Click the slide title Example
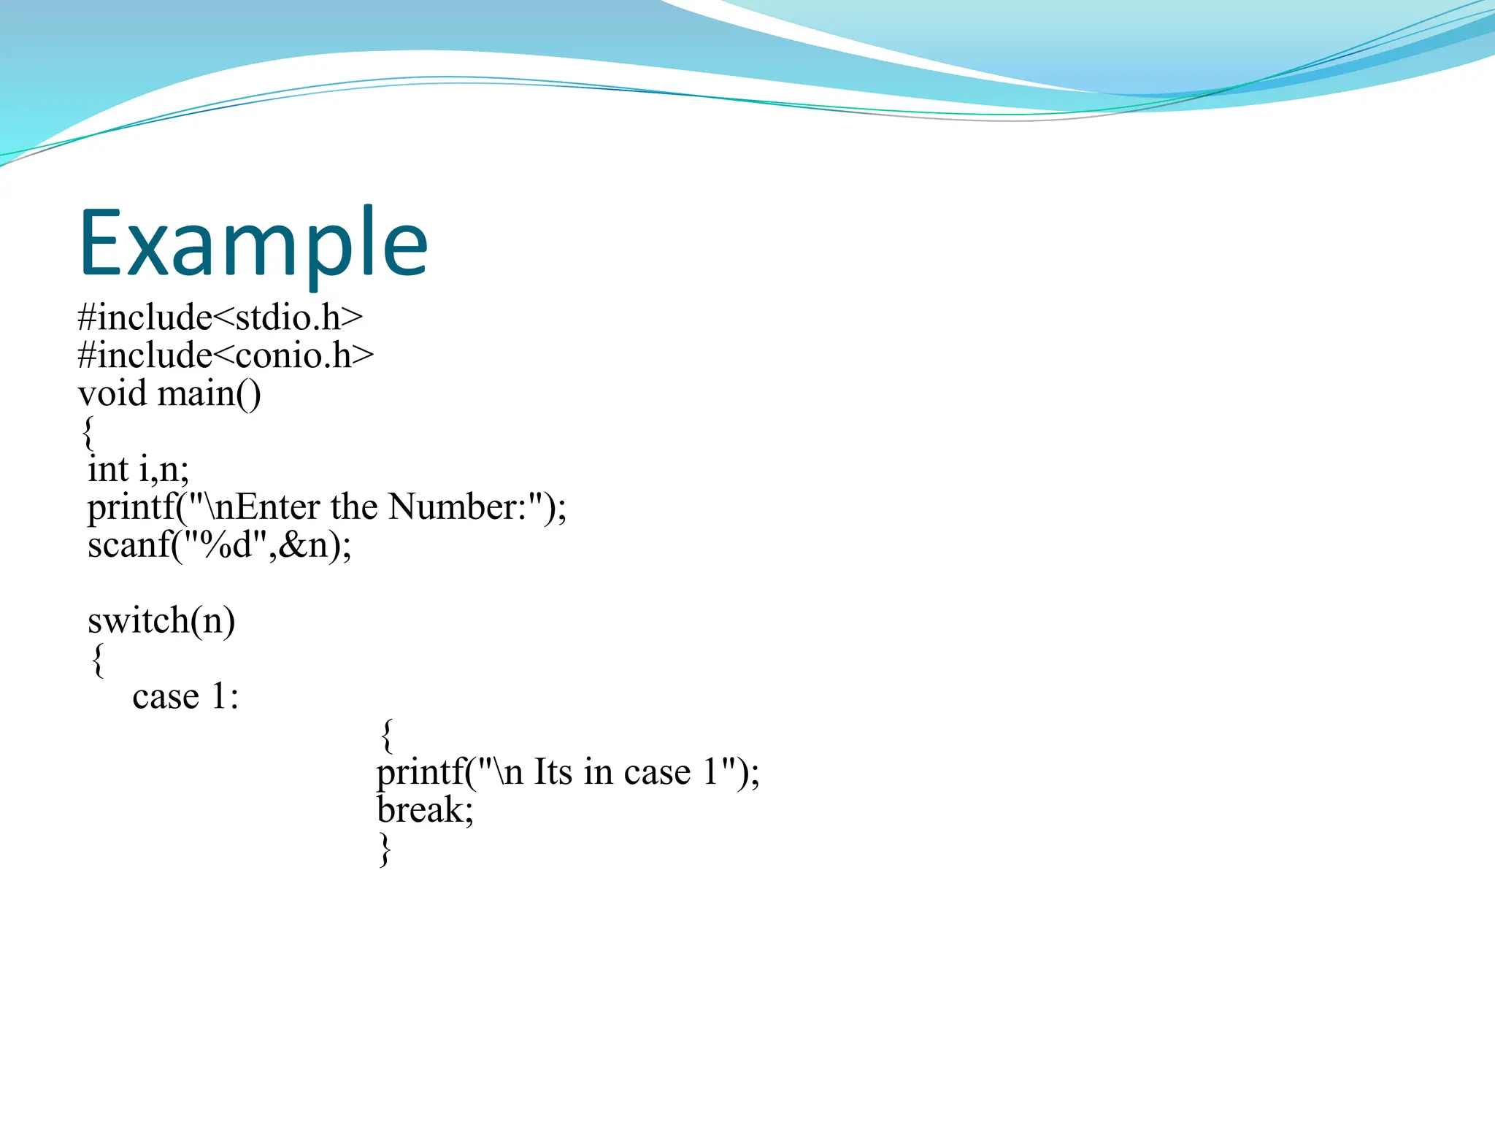253,243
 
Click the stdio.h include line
220,317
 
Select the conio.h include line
226,355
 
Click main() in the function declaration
209,393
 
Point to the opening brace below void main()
88,433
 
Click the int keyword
107,469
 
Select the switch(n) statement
161,621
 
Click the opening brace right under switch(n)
98,660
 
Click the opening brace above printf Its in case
387,735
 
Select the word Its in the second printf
553,772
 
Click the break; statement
425,810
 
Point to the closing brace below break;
385,850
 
